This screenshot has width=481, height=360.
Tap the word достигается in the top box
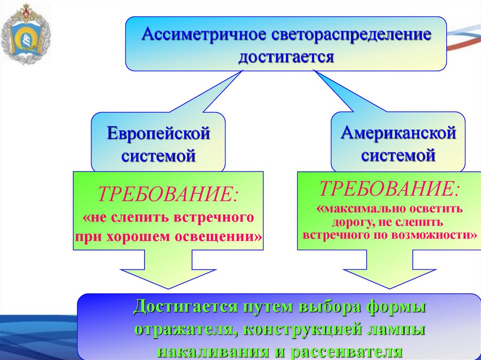coord(286,57)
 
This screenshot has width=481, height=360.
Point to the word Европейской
coord(158,134)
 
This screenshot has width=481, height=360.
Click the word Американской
coord(398,133)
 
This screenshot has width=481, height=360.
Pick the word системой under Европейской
coord(158,155)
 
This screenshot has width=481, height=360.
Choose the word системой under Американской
coord(398,155)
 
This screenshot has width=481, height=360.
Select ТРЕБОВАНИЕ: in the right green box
coord(390,189)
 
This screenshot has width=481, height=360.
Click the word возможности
coord(434,234)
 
